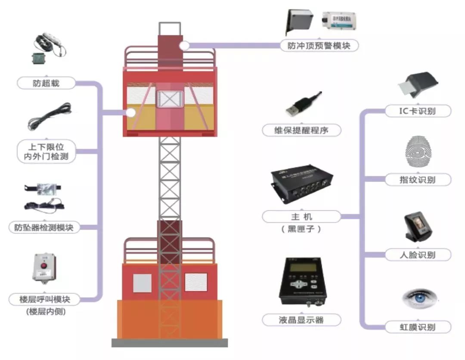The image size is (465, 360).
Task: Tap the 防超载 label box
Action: (x=46, y=83)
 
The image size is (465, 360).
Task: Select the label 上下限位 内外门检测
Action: (x=46, y=151)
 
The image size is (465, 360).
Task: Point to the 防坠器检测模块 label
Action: (x=46, y=228)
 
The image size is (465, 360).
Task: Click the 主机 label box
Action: (x=301, y=216)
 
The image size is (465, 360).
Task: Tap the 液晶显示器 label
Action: (x=301, y=320)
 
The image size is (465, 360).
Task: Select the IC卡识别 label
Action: (x=417, y=111)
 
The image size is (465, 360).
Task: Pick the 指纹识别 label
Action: (x=417, y=180)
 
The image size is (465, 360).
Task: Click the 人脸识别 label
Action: (x=417, y=255)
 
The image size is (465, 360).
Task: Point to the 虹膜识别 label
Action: (x=417, y=327)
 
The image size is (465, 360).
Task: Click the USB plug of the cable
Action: (x=294, y=109)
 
